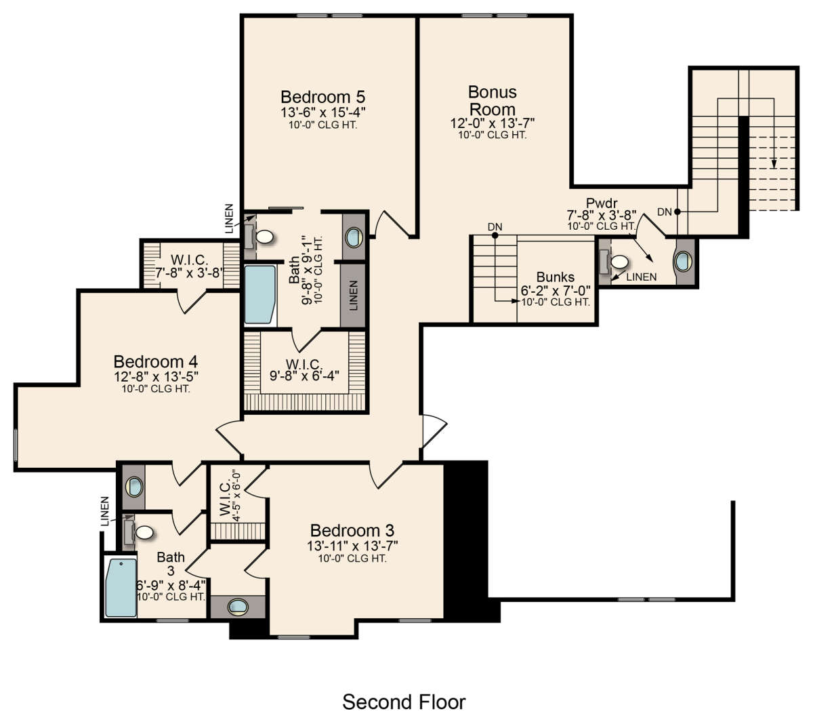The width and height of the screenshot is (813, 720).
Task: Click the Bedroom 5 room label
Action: click(x=322, y=97)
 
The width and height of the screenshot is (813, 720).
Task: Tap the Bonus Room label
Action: click(x=493, y=100)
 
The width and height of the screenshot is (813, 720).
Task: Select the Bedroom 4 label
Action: click(x=156, y=362)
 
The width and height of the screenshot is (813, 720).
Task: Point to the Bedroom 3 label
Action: click(x=352, y=531)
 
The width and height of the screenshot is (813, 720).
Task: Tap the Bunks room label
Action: click(x=556, y=277)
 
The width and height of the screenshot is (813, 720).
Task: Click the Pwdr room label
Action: click(x=602, y=203)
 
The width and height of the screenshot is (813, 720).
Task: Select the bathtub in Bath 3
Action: click(x=121, y=588)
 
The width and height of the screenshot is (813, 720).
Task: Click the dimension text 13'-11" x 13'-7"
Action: click(x=352, y=546)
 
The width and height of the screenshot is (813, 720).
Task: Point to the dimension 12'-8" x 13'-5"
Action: click(x=156, y=377)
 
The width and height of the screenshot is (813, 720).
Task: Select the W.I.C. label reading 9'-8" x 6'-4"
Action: click(x=304, y=370)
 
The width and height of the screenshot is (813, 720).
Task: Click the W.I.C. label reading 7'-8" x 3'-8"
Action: click(x=189, y=266)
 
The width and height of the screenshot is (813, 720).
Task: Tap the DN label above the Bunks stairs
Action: click(x=495, y=227)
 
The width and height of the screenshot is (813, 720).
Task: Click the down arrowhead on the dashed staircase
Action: click(x=774, y=164)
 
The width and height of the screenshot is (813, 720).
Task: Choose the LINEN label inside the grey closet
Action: click(x=353, y=296)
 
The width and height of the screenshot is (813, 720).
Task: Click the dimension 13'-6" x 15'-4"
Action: click(x=322, y=112)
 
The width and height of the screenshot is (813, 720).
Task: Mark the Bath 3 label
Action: click(x=171, y=564)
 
